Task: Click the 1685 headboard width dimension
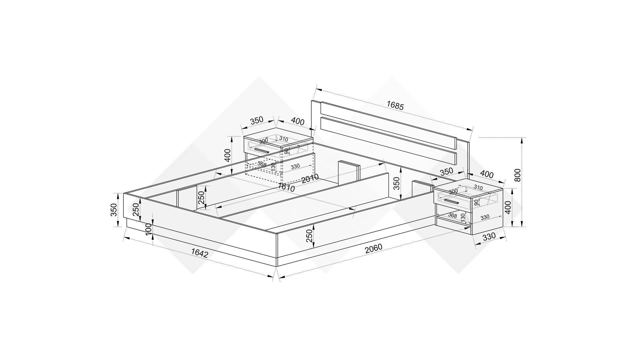(395, 106)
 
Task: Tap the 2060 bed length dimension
(373, 249)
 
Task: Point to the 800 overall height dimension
(517, 175)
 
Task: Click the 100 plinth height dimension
(149, 229)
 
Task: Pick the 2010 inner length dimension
(310, 179)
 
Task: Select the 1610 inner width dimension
(286, 187)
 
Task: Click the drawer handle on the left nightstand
(262, 151)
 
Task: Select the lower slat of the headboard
(388, 141)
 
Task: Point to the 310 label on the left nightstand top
(284, 139)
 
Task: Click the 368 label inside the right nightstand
(452, 215)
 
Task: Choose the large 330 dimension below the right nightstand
(489, 236)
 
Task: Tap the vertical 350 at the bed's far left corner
(114, 210)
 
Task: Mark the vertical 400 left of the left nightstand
(227, 155)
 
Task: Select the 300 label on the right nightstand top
(453, 191)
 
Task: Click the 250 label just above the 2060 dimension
(309, 236)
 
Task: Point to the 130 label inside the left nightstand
(273, 167)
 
